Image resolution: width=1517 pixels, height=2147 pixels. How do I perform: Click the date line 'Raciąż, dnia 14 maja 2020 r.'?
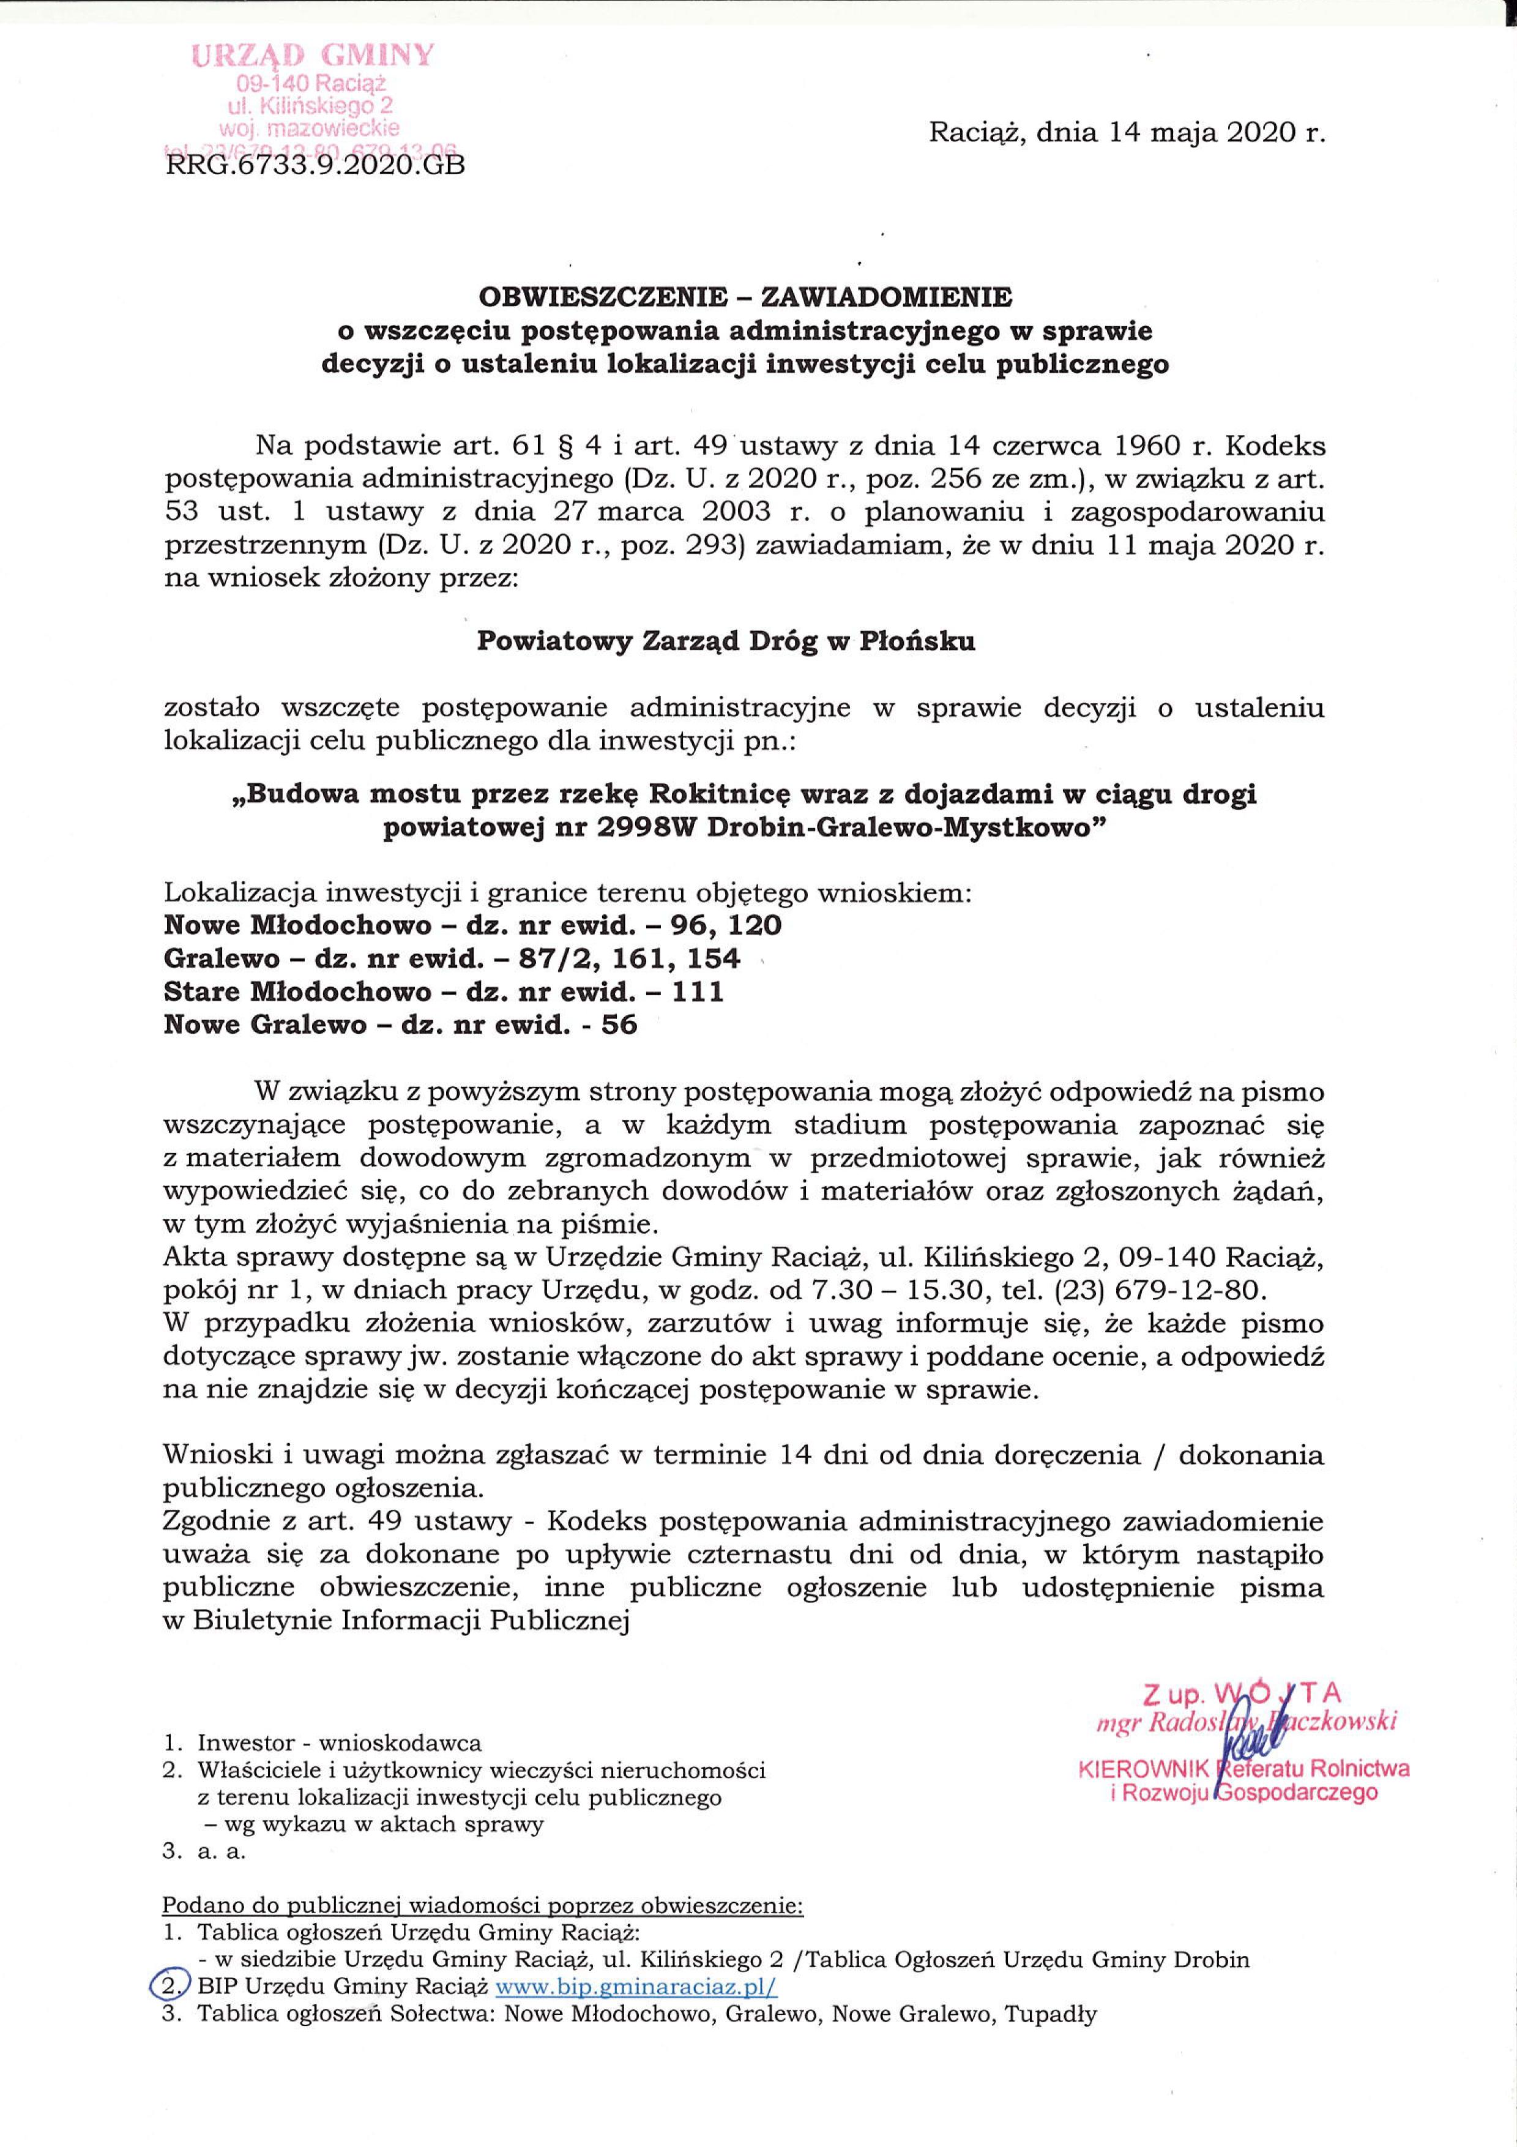[1127, 133]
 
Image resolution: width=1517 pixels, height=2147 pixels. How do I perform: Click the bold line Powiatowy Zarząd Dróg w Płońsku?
[726, 641]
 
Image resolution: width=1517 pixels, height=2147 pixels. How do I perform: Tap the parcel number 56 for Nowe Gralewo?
[619, 1025]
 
